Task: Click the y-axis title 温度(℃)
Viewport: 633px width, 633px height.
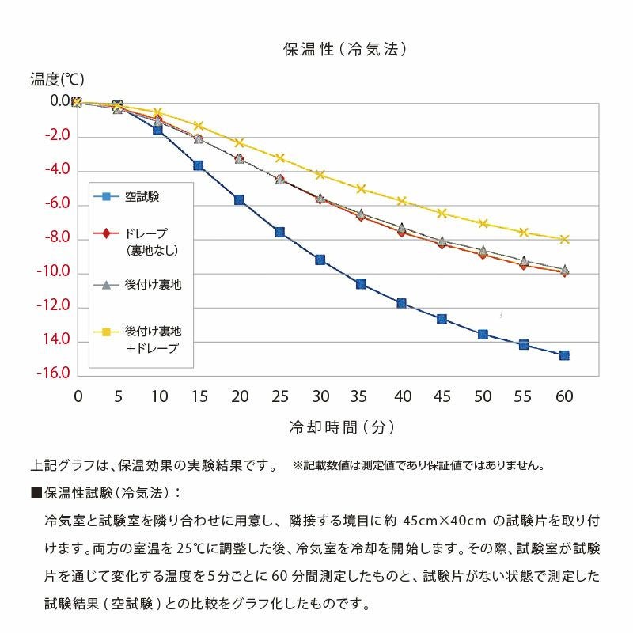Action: coord(57,79)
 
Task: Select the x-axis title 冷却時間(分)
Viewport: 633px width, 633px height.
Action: coord(342,428)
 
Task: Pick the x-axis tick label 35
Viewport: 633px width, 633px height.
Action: coord(361,396)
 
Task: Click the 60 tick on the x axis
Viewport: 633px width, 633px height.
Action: coord(563,396)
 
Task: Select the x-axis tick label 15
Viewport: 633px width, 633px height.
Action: coord(199,396)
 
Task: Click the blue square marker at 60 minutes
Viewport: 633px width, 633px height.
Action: coord(564,355)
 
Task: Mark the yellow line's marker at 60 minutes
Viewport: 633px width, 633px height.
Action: coord(564,239)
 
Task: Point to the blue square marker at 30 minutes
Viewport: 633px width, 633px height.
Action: coord(320,260)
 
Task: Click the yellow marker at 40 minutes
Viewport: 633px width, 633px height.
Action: coord(401,201)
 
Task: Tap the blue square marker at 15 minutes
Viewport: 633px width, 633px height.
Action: coord(199,165)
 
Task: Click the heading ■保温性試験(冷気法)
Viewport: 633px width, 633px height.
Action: coord(106,493)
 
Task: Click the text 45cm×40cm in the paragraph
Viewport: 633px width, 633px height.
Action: coord(442,521)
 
